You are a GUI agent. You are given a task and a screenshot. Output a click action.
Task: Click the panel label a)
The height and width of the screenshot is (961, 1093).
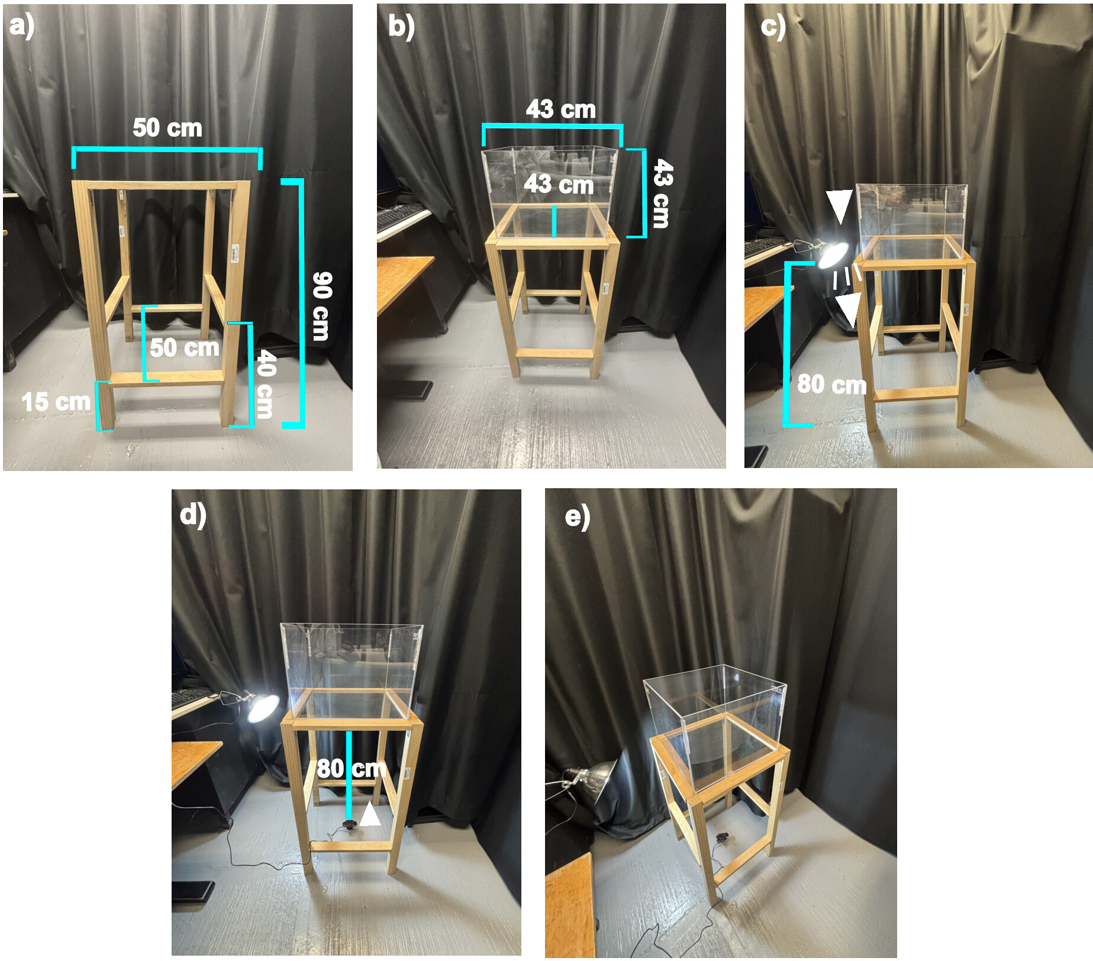[x=22, y=27]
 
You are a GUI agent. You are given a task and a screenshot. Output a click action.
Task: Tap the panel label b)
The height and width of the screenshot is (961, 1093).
[x=401, y=27]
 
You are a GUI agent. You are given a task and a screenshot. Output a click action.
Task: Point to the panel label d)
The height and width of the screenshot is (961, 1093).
[x=193, y=515]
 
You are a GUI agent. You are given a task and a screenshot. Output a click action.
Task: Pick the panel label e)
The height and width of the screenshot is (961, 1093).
[x=577, y=517]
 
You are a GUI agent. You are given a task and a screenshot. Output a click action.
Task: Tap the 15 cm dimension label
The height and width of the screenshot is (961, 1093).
[x=56, y=402]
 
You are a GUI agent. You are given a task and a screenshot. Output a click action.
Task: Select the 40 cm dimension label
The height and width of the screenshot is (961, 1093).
[x=265, y=383]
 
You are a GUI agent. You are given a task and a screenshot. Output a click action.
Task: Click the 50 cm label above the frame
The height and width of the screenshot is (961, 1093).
[x=167, y=128]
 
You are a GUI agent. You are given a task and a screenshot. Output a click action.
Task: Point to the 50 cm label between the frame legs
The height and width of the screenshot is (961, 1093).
[x=184, y=347]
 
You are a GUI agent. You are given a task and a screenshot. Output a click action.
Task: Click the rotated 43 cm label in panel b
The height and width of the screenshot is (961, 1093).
[x=662, y=193]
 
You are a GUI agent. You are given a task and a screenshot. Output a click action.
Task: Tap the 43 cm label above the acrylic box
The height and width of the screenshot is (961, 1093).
[x=560, y=109]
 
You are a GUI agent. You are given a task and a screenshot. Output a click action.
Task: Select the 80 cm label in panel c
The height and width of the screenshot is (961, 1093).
[x=831, y=385]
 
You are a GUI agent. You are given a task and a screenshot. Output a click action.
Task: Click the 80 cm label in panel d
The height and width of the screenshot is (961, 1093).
[x=352, y=769]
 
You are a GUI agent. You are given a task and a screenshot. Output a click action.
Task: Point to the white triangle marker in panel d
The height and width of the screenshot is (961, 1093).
[x=370, y=814]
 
